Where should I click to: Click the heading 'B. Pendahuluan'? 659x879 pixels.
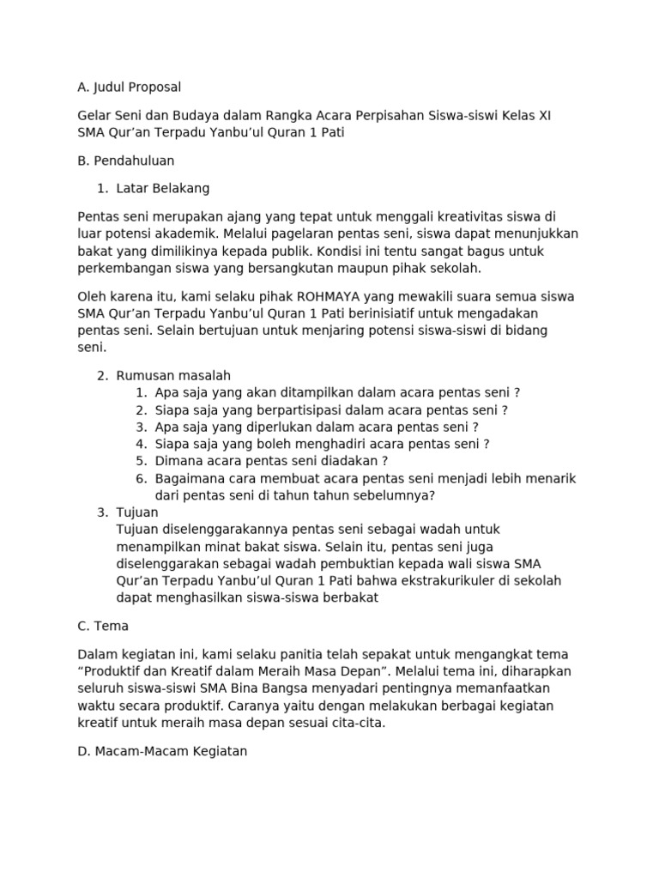point(126,161)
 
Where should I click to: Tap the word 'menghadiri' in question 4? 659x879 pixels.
point(329,445)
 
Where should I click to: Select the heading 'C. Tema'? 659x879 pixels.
point(103,626)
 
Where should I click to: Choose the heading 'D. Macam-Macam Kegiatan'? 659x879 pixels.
point(162,751)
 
